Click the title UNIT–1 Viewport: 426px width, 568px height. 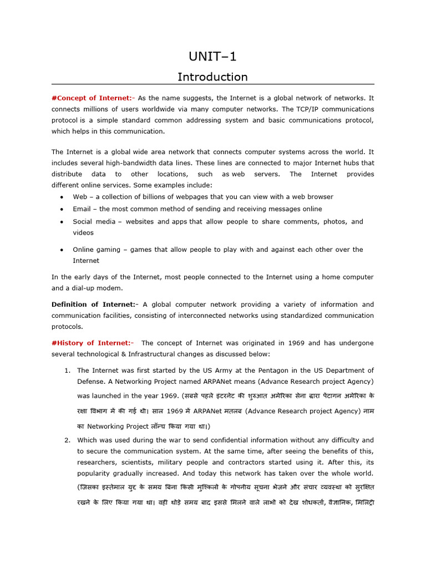213,57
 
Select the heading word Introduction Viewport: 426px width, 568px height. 212,77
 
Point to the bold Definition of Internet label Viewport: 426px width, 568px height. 94,305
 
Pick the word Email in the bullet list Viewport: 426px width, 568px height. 82,209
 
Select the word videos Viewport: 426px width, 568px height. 83,233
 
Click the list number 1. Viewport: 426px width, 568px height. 67,371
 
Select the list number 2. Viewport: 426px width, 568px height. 67,440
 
